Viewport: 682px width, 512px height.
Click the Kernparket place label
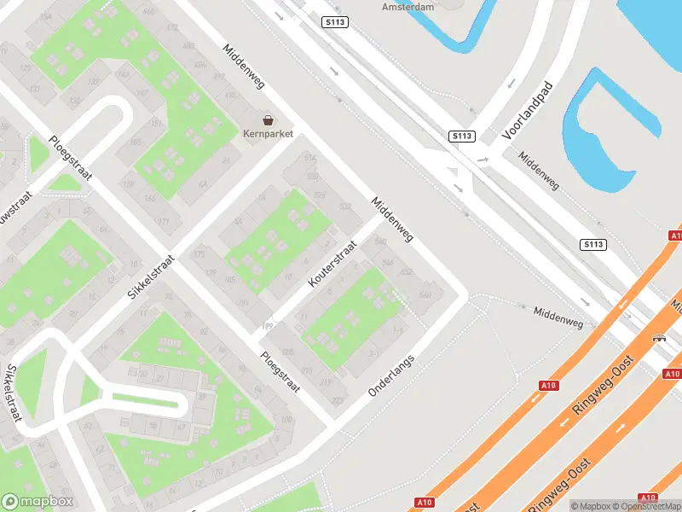click(x=268, y=134)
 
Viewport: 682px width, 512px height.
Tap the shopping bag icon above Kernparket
click(x=268, y=120)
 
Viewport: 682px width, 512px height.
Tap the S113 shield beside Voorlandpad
click(x=461, y=137)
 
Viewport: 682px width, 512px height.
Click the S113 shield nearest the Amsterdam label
click(x=335, y=21)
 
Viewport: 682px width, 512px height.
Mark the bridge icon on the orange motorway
click(x=660, y=339)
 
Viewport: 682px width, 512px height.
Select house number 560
click(x=425, y=295)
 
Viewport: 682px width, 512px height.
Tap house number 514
click(x=309, y=159)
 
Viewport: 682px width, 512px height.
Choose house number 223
click(x=337, y=400)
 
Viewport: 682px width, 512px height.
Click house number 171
click(x=164, y=221)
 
